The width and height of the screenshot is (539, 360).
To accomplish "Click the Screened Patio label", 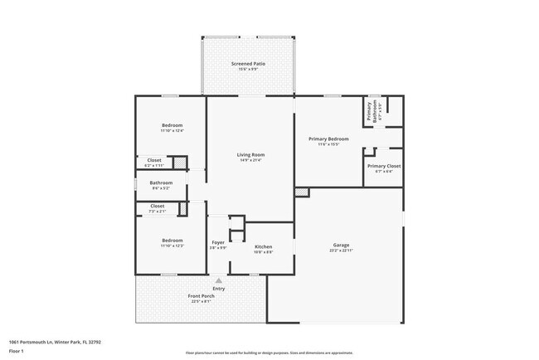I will point(246,66).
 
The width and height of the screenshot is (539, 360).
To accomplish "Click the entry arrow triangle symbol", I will point(219,281).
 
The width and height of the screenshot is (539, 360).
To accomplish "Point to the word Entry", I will point(219,289).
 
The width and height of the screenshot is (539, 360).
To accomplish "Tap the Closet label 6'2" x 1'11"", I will point(154,162).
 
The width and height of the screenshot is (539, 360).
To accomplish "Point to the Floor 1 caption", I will point(17,351).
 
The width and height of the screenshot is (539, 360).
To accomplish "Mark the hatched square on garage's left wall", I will point(301,192).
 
